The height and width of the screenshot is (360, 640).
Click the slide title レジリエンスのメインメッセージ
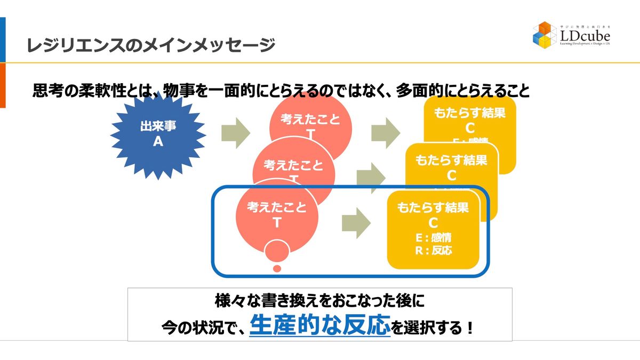tap(151, 45)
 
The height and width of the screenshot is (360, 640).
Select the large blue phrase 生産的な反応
tap(319, 326)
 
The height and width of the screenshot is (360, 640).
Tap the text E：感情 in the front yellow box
tap(433, 237)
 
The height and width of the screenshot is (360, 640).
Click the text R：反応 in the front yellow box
tap(433, 250)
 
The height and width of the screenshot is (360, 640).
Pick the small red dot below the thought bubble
tap(277, 268)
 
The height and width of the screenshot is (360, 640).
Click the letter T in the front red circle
tap(277, 223)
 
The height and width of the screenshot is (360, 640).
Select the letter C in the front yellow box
tap(433, 222)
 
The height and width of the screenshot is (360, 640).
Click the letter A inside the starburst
tap(158, 141)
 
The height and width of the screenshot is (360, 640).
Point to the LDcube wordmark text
tap(585, 36)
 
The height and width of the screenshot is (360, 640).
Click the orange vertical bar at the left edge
tap(3, 85)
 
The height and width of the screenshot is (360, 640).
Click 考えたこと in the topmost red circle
tap(310, 119)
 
